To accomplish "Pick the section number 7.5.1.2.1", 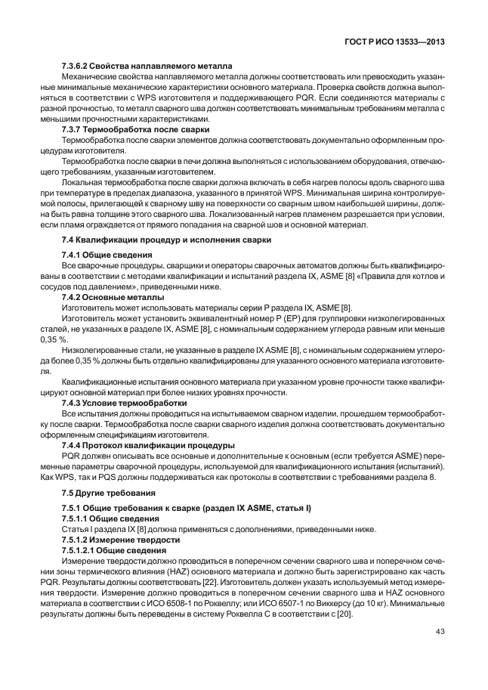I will pyautogui.click(x=81, y=551).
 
